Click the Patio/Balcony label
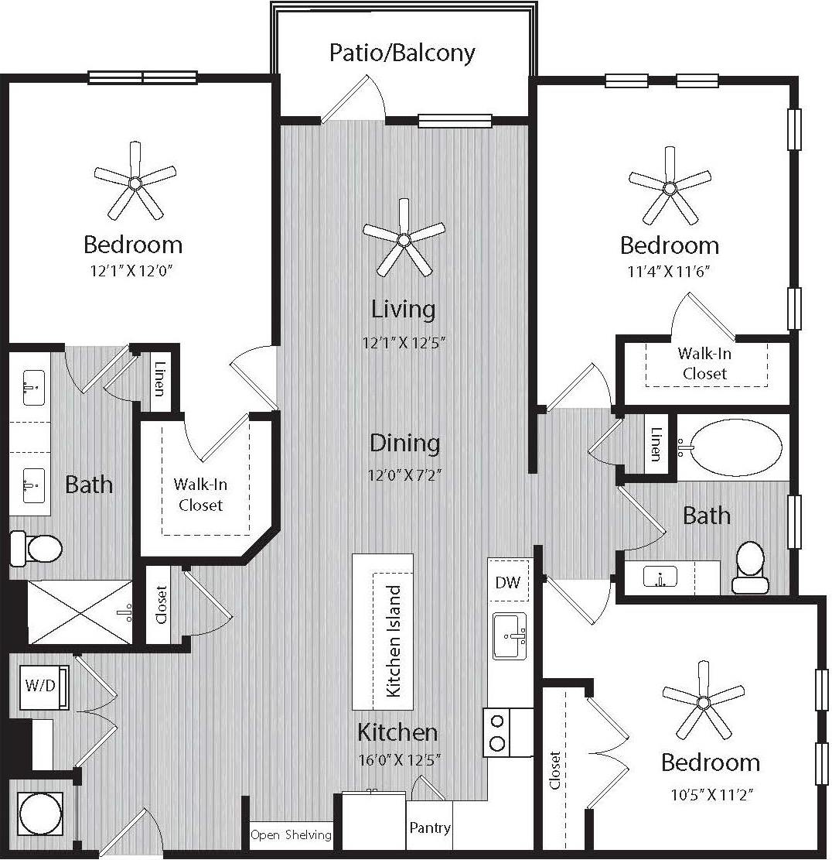tap(402, 53)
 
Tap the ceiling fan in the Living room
tap(403, 239)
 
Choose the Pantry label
tap(430, 827)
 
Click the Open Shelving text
tap(291, 834)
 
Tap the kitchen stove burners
tap(498, 732)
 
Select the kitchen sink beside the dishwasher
tap(509, 636)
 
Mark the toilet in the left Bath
tap(36, 549)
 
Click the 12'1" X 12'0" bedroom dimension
tap(133, 272)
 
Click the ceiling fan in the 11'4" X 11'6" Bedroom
tap(670, 186)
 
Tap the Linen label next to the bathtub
tap(656, 444)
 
